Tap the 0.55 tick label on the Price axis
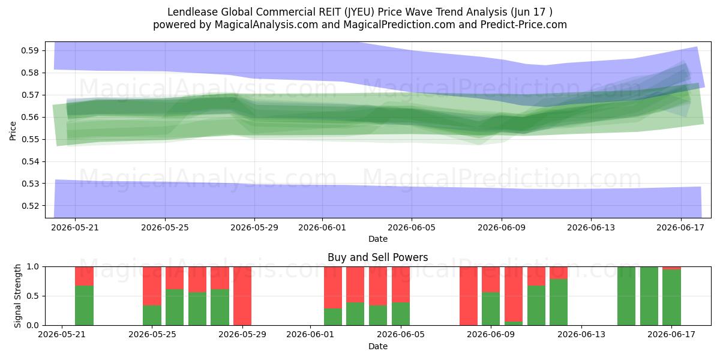[x=29, y=139]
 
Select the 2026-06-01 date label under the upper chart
[x=322, y=227]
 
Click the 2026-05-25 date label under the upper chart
[x=165, y=227]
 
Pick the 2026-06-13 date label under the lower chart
[x=581, y=335]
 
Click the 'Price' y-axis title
[x=13, y=131]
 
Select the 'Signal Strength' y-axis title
[x=17, y=296]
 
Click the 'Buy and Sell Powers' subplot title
[x=377, y=257]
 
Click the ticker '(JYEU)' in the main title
[x=359, y=12]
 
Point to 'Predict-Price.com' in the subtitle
[x=524, y=25]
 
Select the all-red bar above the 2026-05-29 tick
[x=242, y=296]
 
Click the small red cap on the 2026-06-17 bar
[x=671, y=268]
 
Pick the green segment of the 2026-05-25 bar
[x=152, y=315]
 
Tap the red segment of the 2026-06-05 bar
[x=401, y=284]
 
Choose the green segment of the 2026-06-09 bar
[x=491, y=308]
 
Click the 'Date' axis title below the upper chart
[x=377, y=239]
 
